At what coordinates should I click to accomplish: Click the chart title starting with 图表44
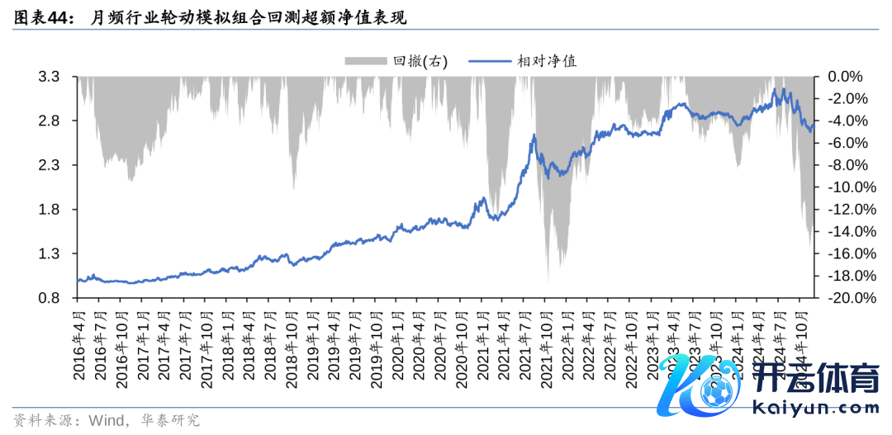click(210, 17)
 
